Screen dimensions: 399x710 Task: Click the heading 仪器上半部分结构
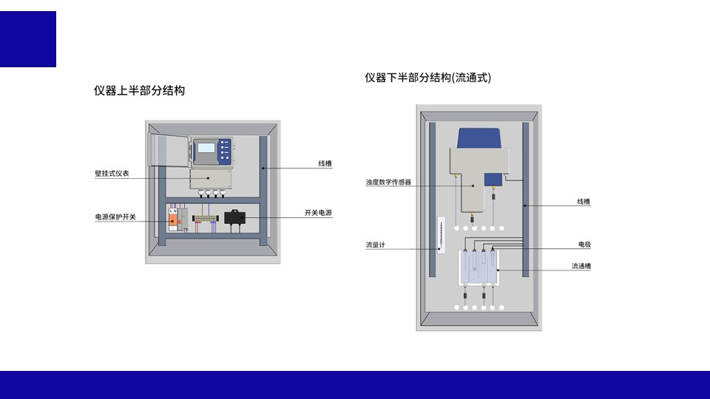[139, 91]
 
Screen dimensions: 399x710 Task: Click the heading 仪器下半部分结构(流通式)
[427, 78]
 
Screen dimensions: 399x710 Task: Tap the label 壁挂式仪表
[112, 174]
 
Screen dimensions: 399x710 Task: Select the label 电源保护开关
[115, 216]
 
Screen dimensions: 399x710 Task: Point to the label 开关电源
[318, 213]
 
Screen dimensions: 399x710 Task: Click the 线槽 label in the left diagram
[325, 163]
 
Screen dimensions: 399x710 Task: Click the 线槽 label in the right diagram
[584, 201]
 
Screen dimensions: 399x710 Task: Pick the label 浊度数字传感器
[388, 182]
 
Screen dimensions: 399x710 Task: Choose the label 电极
[584, 245]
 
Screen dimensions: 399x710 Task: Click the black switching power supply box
[234, 218]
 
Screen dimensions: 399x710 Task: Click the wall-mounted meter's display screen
[206, 149]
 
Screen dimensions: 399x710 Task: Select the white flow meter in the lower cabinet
[440, 236]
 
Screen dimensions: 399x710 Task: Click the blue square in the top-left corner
[27, 39]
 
